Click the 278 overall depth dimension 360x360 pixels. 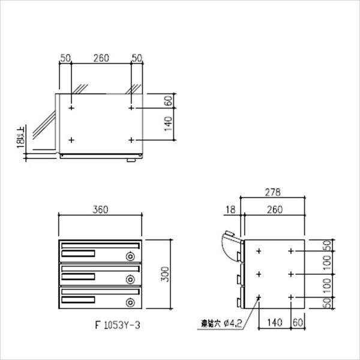(x=274, y=193)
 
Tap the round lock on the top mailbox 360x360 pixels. (x=130, y=257)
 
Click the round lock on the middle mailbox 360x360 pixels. (x=130, y=279)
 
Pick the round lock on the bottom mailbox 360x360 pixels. (x=130, y=301)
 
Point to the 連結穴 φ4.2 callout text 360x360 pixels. (x=221, y=326)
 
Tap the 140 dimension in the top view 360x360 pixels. (x=169, y=124)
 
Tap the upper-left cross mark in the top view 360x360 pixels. (x=71, y=109)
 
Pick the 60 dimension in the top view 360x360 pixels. (x=169, y=100)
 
